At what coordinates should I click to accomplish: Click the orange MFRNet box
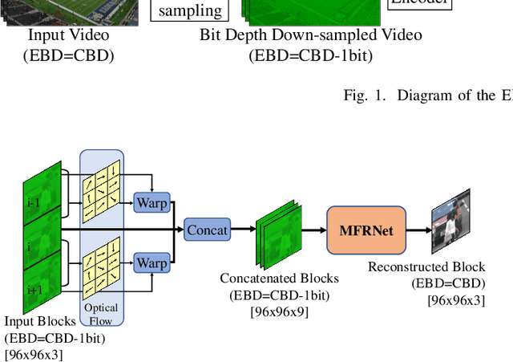[x=366, y=230]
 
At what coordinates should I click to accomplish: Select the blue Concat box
[x=208, y=230]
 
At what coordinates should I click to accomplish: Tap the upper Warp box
[x=151, y=203]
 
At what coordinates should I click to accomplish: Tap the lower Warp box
[x=151, y=262]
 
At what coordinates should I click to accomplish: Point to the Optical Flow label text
[x=101, y=314]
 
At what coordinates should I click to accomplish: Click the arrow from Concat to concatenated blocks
[x=243, y=230]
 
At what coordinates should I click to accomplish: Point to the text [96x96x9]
[x=279, y=310]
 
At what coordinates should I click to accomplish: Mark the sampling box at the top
[x=190, y=10]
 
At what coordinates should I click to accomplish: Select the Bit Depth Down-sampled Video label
[x=310, y=35]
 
